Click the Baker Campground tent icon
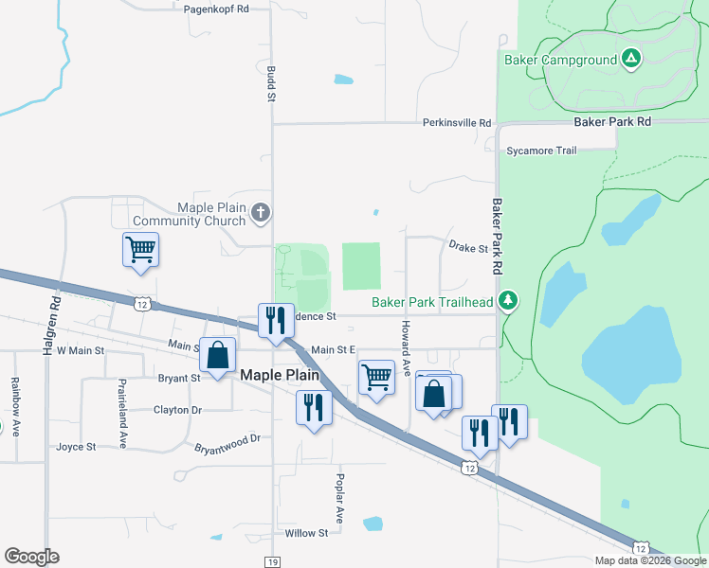pyautogui.click(x=631, y=60)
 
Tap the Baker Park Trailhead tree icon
pyautogui.click(x=509, y=301)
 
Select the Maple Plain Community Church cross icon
pyautogui.click(x=263, y=214)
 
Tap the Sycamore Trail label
pyautogui.click(x=541, y=151)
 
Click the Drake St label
pyautogui.click(x=467, y=249)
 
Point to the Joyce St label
pyautogui.click(x=77, y=446)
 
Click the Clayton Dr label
pyautogui.click(x=177, y=410)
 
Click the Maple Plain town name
pyautogui.click(x=282, y=375)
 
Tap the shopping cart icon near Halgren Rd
pyautogui.click(x=140, y=250)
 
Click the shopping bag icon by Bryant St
pyautogui.click(x=217, y=356)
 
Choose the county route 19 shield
pyautogui.click(x=272, y=562)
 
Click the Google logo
pyautogui.click(x=31, y=557)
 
